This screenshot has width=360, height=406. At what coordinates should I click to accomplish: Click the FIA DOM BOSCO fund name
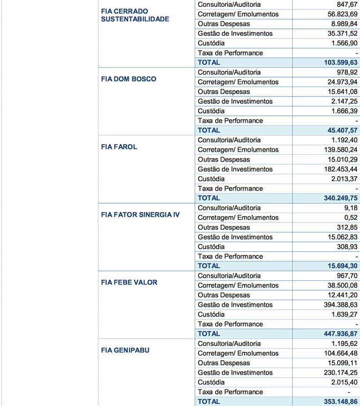(x=128, y=79)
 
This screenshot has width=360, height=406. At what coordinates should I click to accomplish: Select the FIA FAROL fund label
(x=119, y=147)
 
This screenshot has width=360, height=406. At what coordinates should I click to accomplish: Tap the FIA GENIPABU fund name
(x=125, y=350)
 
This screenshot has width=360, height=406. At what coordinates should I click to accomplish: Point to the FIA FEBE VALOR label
(x=129, y=282)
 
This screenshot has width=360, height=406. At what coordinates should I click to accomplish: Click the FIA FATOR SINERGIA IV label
(x=140, y=214)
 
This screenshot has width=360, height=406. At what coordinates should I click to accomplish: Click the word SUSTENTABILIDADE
(x=135, y=19)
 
